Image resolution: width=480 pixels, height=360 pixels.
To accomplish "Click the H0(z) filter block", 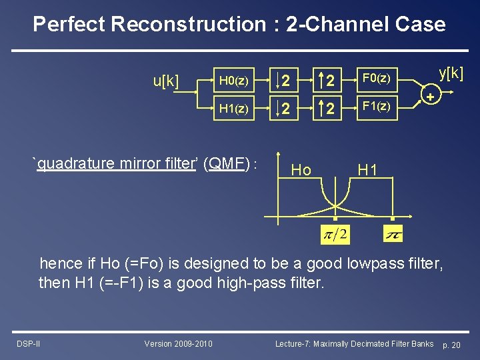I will pyautogui.click(x=233, y=81).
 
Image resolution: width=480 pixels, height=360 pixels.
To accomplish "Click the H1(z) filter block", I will pyautogui.click(x=233, y=108).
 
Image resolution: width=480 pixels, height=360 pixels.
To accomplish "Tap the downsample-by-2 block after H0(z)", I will pyautogui.click(x=283, y=81).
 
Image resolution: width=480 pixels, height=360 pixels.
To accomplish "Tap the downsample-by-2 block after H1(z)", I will pyautogui.click(x=283, y=108).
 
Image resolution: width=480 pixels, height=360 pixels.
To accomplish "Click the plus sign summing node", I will pyautogui.click(x=431, y=97).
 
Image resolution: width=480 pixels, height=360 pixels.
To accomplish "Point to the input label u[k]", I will pyautogui.click(x=166, y=82).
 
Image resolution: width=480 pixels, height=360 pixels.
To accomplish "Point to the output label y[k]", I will pyautogui.click(x=451, y=73).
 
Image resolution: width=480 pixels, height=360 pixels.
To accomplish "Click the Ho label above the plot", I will pyautogui.click(x=301, y=170).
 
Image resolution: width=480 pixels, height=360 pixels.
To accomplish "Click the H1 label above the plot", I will pyautogui.click(x=367, y=170).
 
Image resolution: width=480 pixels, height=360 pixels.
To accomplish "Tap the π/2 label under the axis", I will pyautogui.click(x=335, y=234).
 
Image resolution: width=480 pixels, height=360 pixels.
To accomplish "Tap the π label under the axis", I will pyautogui.click(x=393, y=235).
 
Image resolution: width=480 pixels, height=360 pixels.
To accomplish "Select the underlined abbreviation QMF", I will pyautogui.click(x=226, y=163).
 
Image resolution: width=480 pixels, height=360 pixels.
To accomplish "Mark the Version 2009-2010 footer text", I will pyautogui.click(x=179, y=344).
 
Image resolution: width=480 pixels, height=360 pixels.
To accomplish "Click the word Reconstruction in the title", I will pyautogui.click(x=188, y=25).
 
